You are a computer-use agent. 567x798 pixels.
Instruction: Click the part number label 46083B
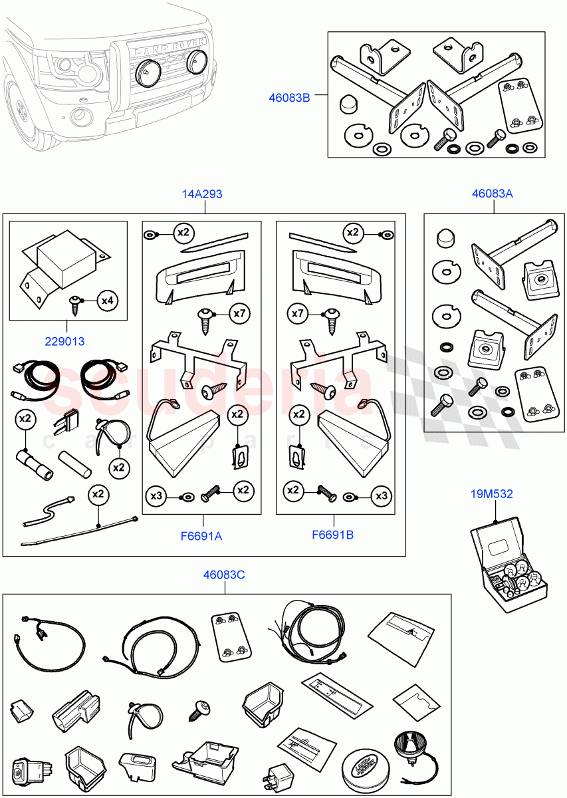point(289,98)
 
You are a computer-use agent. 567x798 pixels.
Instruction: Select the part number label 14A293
point(202,194)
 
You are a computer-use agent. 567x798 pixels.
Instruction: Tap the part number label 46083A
point(493,194)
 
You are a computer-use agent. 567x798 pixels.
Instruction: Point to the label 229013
point(64,342)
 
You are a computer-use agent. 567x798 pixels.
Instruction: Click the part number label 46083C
point(224,574)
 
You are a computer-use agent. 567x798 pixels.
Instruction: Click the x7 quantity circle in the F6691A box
point(239,313)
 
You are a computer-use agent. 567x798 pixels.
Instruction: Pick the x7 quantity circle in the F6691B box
point(297,313)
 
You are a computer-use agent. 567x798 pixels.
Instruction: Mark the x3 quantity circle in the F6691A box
point(156,495)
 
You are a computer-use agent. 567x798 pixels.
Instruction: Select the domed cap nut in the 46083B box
point(347,104)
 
